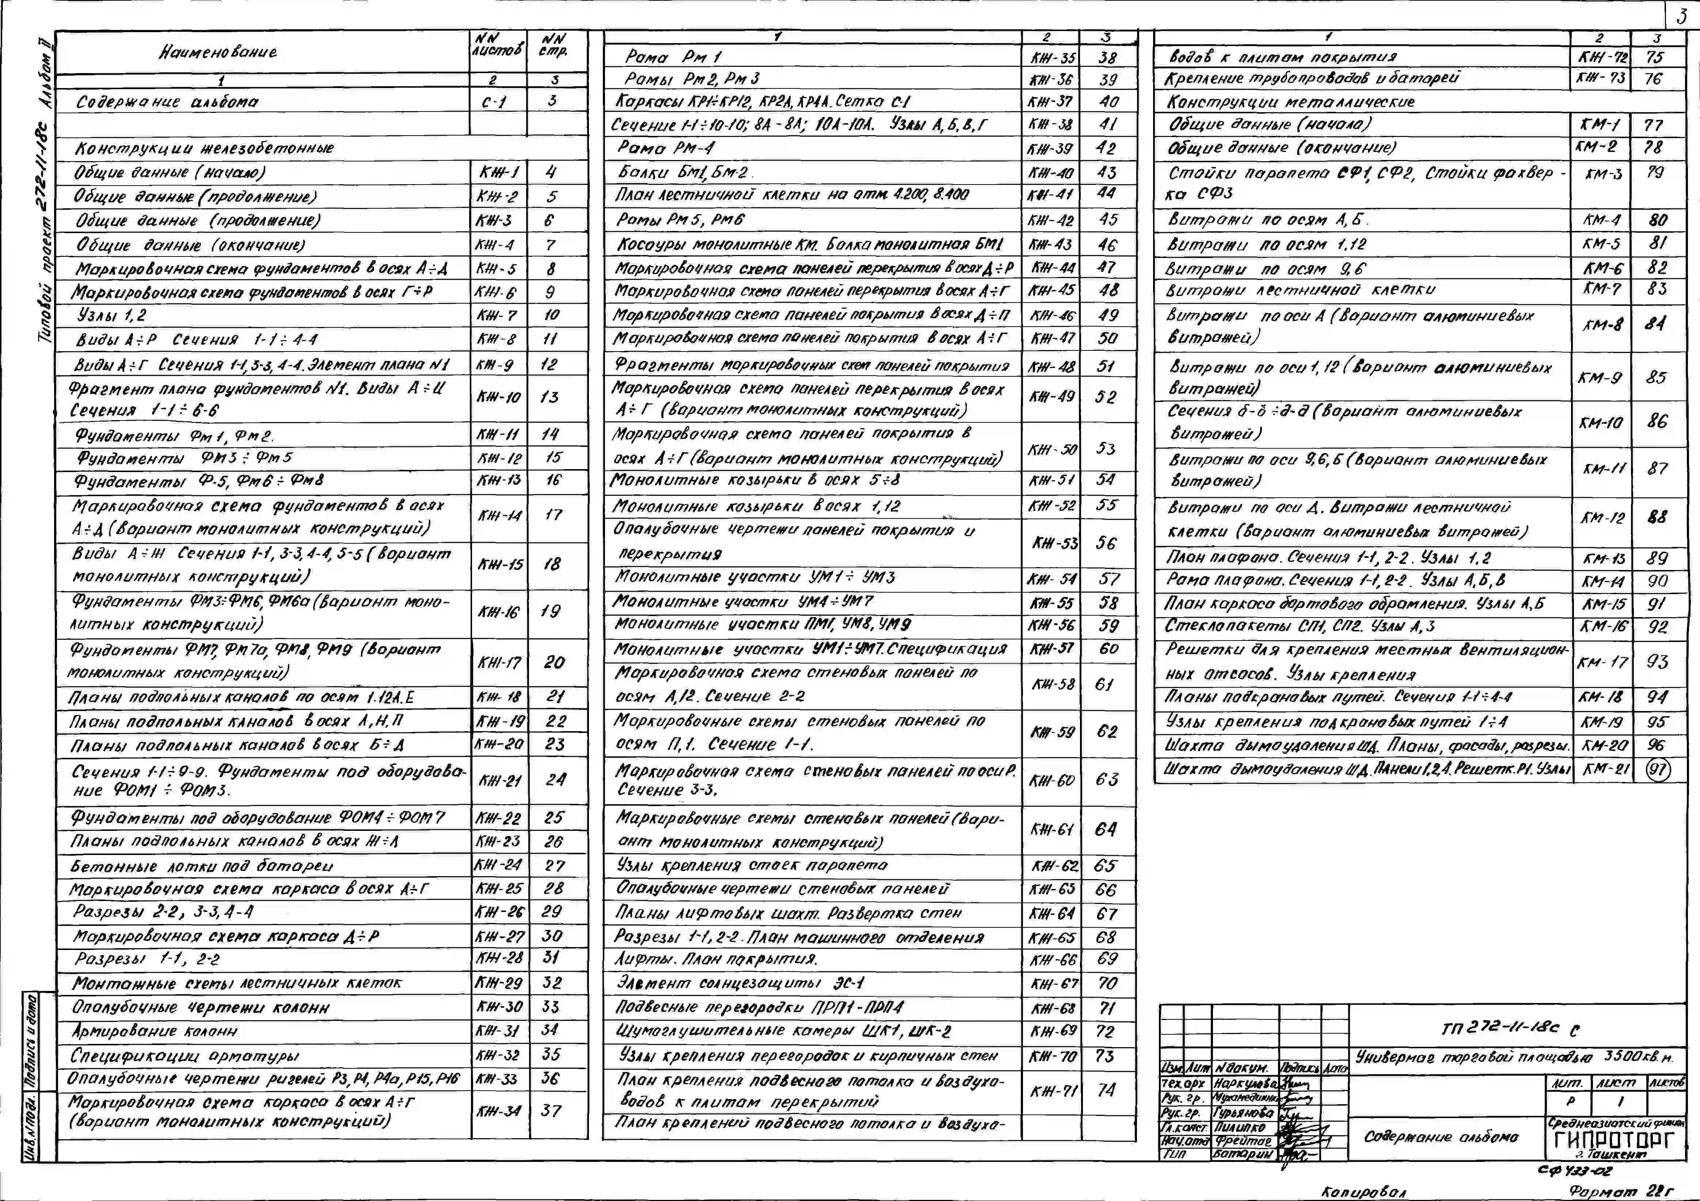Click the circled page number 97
pyautogui.click(x=1657, y=770)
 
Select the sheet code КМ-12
pyautogui.click(x=1601, y=518)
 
